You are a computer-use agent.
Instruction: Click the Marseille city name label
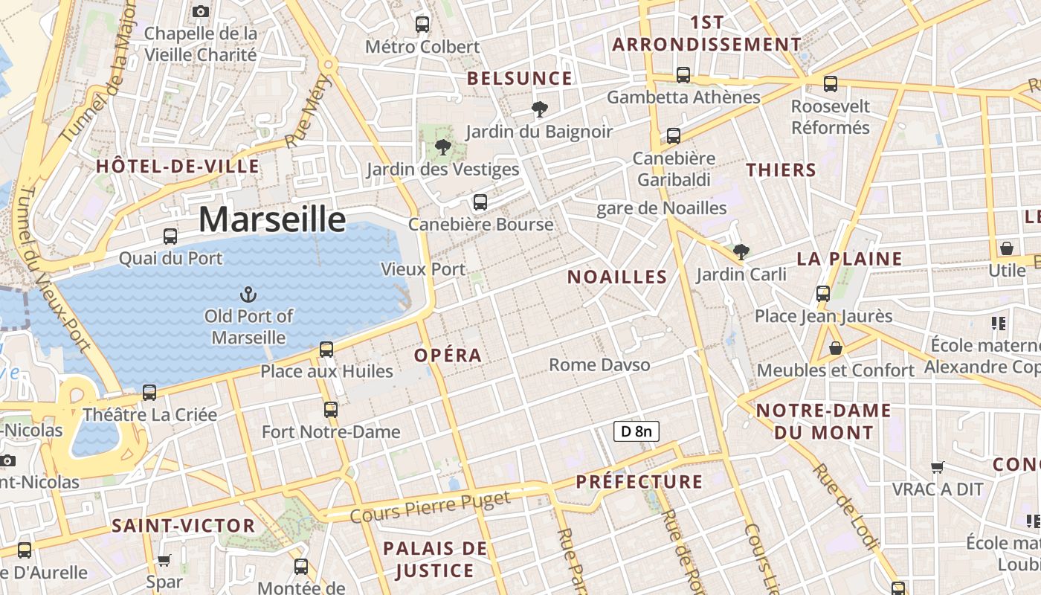click(272, 219)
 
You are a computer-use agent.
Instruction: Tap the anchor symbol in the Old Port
click(249, 295)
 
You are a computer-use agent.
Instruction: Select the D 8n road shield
click(636, 431)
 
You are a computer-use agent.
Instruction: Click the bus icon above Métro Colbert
click(422, 24)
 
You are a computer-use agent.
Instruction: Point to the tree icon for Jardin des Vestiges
click(442, 147)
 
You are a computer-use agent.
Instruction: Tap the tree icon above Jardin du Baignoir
click(539, 110)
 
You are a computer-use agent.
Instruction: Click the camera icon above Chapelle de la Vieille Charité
click(200, 11)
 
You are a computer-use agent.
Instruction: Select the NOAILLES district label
click(617, 277)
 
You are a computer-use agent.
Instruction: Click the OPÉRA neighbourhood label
click(448, 356)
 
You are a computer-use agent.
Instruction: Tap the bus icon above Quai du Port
click(170, 237)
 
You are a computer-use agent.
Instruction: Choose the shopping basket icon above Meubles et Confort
click(836, 347)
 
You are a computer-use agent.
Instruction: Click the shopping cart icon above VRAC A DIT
click(938, 467)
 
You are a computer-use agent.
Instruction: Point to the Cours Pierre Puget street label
click(430, 506)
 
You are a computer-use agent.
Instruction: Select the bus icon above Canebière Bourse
click(480, 202)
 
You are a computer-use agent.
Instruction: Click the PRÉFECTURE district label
click(639, 482)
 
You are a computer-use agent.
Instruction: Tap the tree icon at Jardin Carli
click(741, 251)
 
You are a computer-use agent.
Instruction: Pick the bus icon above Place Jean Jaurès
click(822, 293)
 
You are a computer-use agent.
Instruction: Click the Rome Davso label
click(599, 364)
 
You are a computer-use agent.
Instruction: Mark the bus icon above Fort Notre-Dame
click(331, 409)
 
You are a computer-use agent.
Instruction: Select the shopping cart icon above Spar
click(164, 559)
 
